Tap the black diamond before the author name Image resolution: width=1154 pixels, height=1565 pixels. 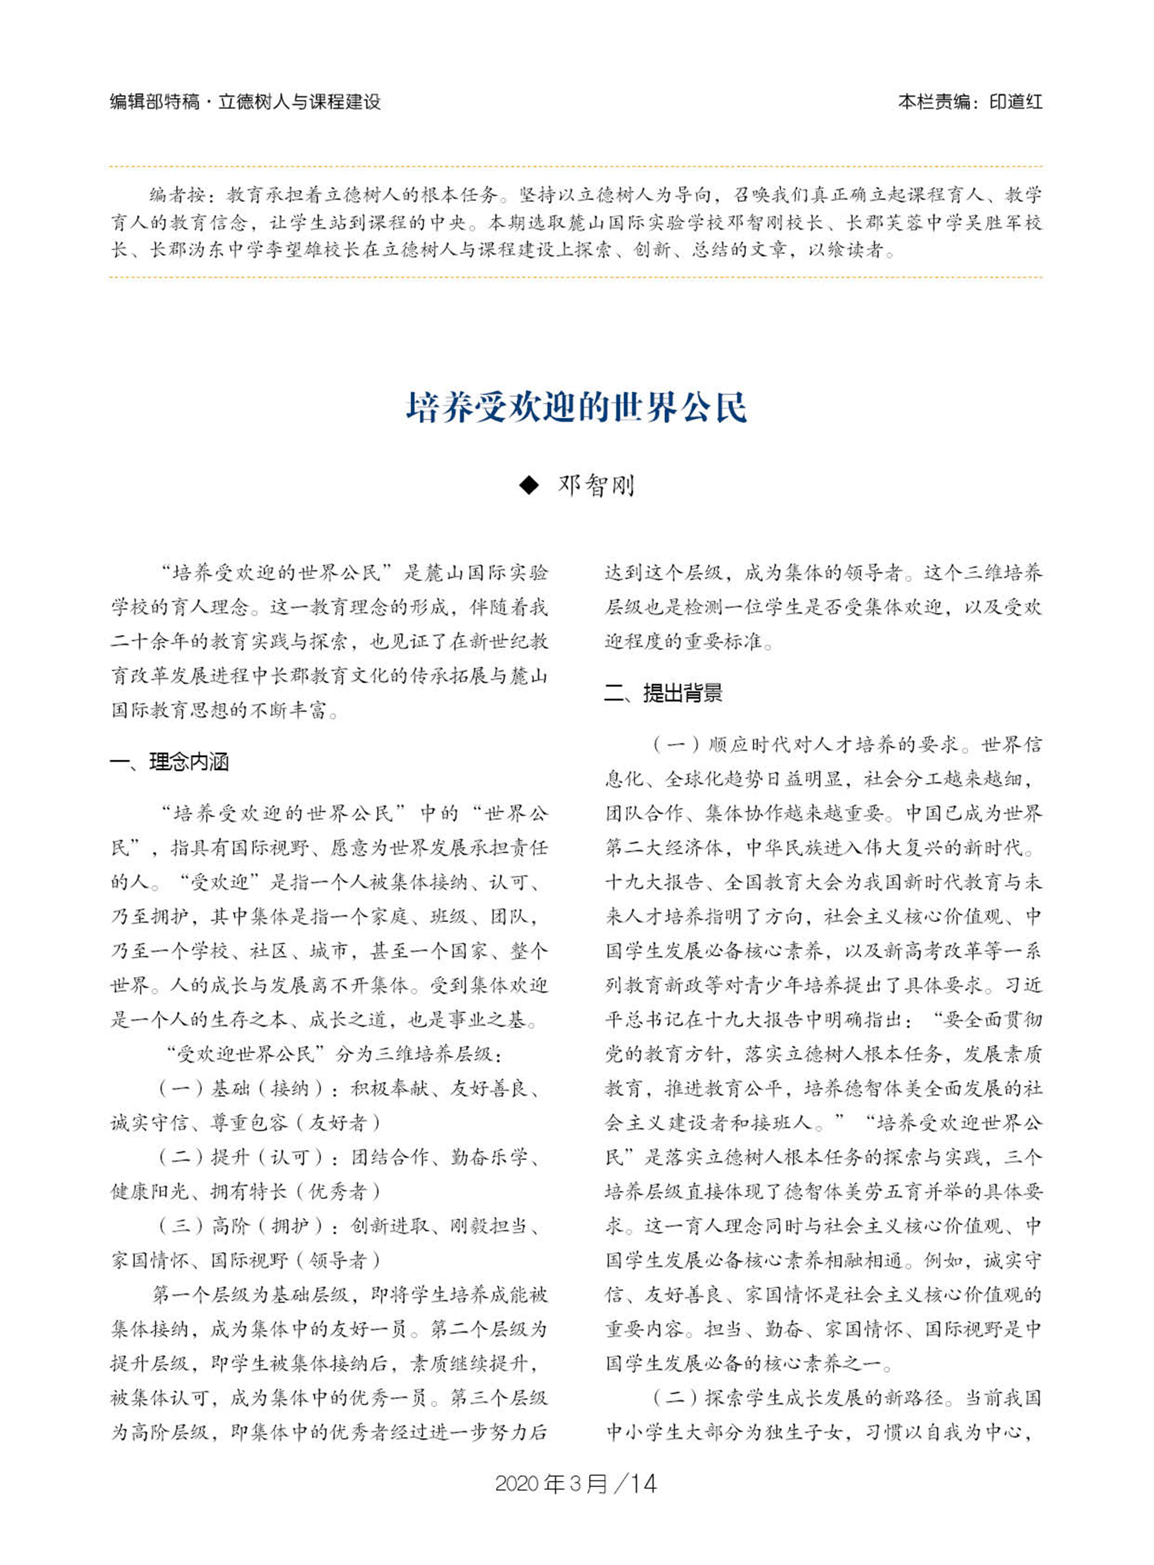click(x=530, y=485)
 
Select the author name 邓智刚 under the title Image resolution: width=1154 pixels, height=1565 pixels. click(x=596, y=485)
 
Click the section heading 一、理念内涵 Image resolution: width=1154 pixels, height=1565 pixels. click(x=170, y=762)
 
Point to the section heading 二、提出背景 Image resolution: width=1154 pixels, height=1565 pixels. click(x=664, y=693)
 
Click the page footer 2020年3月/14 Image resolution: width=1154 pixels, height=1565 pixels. click(x=576, y=1484)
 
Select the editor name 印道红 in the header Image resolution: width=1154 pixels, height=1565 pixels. click(x=1017, y=103)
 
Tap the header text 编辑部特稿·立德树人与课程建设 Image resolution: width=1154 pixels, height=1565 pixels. click(x=245, y=103)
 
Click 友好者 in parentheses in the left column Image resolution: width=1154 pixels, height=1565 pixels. click(x=338, y=1123)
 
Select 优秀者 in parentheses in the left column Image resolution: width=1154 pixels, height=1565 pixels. click(x=338, y=1191)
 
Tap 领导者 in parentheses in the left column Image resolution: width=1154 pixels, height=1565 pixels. click(x=338, y=1260)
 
